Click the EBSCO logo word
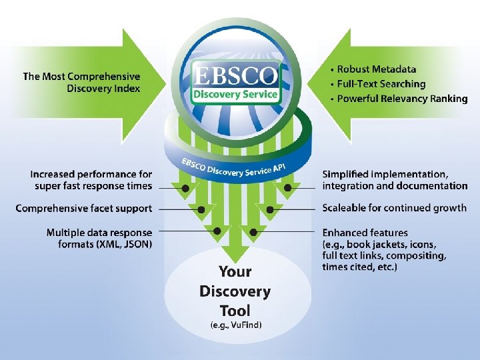tap(235, 75)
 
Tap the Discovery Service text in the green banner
tap(234, 94)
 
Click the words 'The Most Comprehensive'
tap(81, 76)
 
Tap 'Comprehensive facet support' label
tap(83, 208)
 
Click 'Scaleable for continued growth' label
tap(395, 207)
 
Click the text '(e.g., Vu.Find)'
tap(235, 325)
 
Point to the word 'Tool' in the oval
tap(235, 310)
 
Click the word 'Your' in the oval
tap(235, 271)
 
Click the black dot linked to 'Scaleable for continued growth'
tap(270, 209)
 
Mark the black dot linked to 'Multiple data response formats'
tap(217, 231)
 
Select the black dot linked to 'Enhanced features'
tap(253, 231)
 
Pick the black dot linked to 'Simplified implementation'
tap(287, 188)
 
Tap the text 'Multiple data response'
tap(99, 233)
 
